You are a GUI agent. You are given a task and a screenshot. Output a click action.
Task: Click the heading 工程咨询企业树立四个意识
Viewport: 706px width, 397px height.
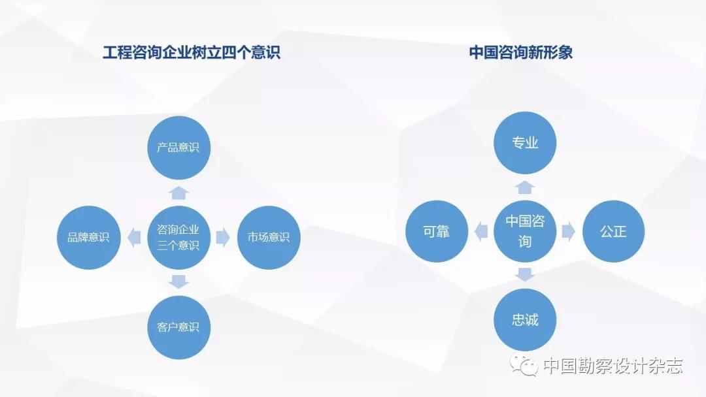(x=192, y=53)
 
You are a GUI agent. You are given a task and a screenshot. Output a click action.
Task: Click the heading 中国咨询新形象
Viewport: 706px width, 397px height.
(x=521, y=53)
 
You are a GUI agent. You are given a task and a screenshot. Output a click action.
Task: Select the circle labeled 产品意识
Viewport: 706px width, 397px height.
(x=178, y=148)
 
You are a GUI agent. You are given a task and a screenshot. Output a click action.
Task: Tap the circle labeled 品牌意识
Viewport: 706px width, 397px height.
(x=89, y=238)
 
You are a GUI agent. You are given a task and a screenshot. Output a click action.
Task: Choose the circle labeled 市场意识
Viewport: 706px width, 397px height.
(x=269, y=238)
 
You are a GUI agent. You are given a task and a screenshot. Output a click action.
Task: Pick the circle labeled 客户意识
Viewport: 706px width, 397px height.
(x=178, y=327)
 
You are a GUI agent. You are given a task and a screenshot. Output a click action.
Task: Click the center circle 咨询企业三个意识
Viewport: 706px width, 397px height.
(x=178, y=238)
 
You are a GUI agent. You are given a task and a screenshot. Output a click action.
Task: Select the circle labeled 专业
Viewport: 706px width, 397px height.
(x=525, y=142)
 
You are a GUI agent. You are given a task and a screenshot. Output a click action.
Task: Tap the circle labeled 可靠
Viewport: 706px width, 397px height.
(x=437, y=232)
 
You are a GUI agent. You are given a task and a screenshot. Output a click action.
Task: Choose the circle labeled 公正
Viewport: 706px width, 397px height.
(x=614, y=232)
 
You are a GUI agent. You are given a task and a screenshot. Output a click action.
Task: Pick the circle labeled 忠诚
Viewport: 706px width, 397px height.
(x=525, y=320)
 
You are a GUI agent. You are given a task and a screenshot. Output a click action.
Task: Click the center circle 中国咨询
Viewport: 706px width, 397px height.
(x=525, y=232)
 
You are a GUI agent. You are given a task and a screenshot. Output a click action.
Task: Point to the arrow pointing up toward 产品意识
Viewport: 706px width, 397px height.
(x=178, y=193)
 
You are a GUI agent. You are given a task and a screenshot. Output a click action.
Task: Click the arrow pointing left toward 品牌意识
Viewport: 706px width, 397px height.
(x=134, y=238)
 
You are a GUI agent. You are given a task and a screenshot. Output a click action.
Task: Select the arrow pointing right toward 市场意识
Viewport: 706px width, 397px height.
(x=223, y=238)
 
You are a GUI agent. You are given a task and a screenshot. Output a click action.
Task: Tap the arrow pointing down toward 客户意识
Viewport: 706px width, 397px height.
(x=178, y=281)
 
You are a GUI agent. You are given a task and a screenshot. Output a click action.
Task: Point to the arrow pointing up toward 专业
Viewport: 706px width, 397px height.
(x=525, y=187)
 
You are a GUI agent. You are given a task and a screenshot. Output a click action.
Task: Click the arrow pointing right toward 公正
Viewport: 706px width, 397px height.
(x=569, y=232)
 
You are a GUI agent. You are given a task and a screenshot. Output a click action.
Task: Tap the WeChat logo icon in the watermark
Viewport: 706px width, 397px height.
(x=524, y=364)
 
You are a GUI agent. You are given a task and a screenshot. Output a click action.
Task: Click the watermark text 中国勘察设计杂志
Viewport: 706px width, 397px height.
(x=613, y=366)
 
